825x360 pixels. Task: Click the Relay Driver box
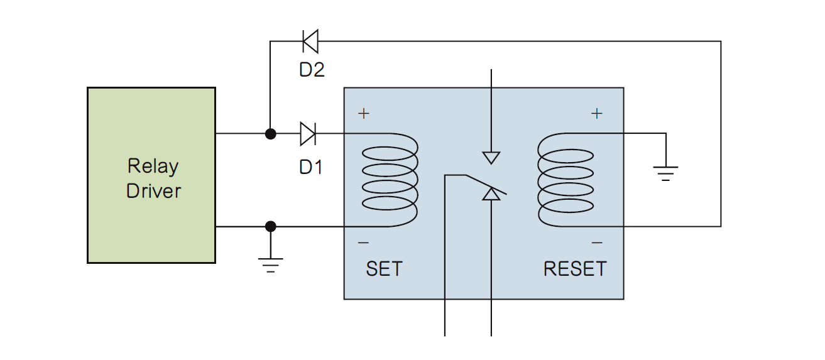(151, 175)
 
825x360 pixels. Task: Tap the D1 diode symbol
(308, 134)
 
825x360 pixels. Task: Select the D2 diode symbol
(310, 41)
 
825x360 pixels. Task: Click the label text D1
(310, 167)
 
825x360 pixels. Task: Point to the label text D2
(312, 70)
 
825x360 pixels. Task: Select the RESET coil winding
(565, 180)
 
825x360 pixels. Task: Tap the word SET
(384, 269)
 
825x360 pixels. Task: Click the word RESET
(575, 269)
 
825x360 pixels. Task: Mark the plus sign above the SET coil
(363, 114)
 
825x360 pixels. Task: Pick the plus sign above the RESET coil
(597, 114)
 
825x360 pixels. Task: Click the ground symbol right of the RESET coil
(665, 172)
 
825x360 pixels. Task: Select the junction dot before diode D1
(271, 134)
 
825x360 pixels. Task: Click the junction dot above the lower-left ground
(271, 226)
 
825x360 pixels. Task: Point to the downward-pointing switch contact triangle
(491, 157)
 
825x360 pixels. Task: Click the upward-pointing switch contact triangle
(491, 195)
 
